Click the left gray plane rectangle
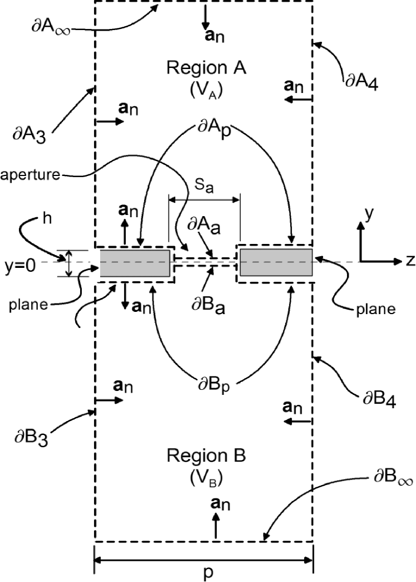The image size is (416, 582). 135,263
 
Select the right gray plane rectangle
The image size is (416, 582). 276,263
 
